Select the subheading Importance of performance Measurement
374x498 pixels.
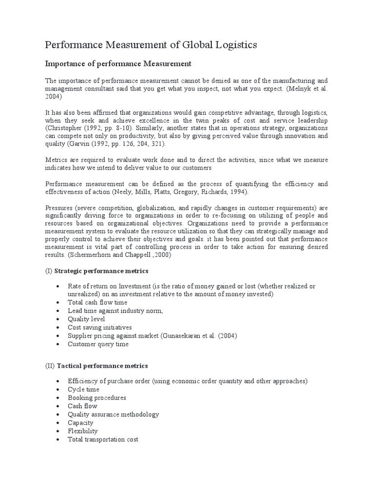point(118,64)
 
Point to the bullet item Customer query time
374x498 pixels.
point(98,344)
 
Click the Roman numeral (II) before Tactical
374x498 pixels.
point(50,365)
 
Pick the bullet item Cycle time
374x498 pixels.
point(84,390)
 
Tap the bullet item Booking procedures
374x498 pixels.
point(97,398)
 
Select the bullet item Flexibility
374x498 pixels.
point(83,431)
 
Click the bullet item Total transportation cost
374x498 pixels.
point(103,439)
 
